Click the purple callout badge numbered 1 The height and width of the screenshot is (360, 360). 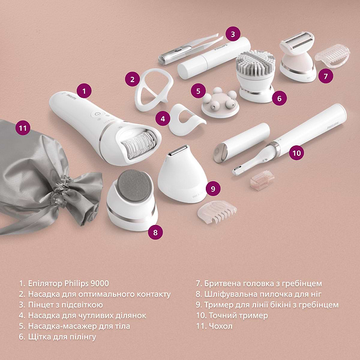pyautogui.click(x=84, y=91)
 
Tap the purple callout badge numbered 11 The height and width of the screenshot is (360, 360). pyautogui.click(x=23, y=127)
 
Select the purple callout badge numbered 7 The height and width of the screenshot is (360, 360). pyautogui.click(x=326, y=76)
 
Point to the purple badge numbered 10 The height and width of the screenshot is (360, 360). pyautogui.click(x=296, y=152)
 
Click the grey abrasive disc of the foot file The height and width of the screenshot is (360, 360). pyautogui.click(x=134, y=185)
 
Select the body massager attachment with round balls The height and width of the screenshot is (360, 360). pyautogui.click(x=220, y=103)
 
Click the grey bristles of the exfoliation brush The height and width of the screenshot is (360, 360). pyautogui.click(x=256, y=63)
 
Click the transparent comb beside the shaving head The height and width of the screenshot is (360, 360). pyautogui.click(x=332, y=55)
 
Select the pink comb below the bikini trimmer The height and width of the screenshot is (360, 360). pyautogui.click(x=217, y=212)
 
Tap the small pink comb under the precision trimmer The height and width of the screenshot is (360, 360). pyautogui.click(x=262, y=181)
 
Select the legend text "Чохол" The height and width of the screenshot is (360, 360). pyautogui.click(x=221, y=326)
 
